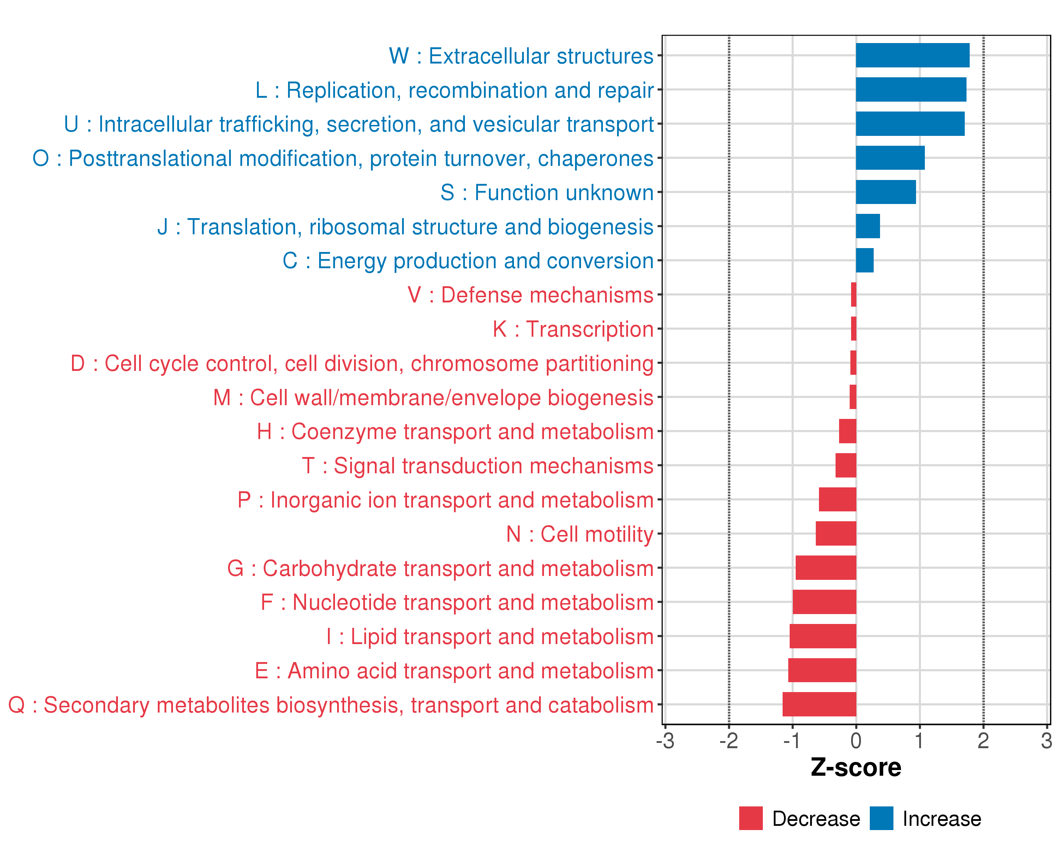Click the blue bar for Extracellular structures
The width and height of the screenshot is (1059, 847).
pyautogui.click(x=912, y=55)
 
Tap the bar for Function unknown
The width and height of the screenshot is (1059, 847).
pyautogui.click(x=886, y=192)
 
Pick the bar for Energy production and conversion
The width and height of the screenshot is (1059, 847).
pyautogui.click(x=864, y=260)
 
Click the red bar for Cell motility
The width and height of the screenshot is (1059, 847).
pyautogui.click(x=836, y=534)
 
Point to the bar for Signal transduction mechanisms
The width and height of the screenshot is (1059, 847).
pyautogui.click(x=845, y=465)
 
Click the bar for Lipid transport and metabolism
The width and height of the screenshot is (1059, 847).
pyautogui.click(x=823, y=636)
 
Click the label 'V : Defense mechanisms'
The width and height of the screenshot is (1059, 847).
pyautogui.click(x=531, y=295)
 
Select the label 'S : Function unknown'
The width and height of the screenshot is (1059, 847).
pyautogui.click(x=547, y=192)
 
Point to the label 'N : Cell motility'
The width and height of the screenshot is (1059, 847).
pyautogui.click(x=580, y=534)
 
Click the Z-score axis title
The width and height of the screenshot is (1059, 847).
pyautogui.click(x=856, y=768)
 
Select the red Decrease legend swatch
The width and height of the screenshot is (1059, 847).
pyautogui.click(x=750, y=818)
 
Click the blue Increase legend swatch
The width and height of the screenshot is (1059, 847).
pyautogui.click(x=881, y=818)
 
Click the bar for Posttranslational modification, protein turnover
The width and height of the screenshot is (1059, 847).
pyautogui.click(x=890, y=158)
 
